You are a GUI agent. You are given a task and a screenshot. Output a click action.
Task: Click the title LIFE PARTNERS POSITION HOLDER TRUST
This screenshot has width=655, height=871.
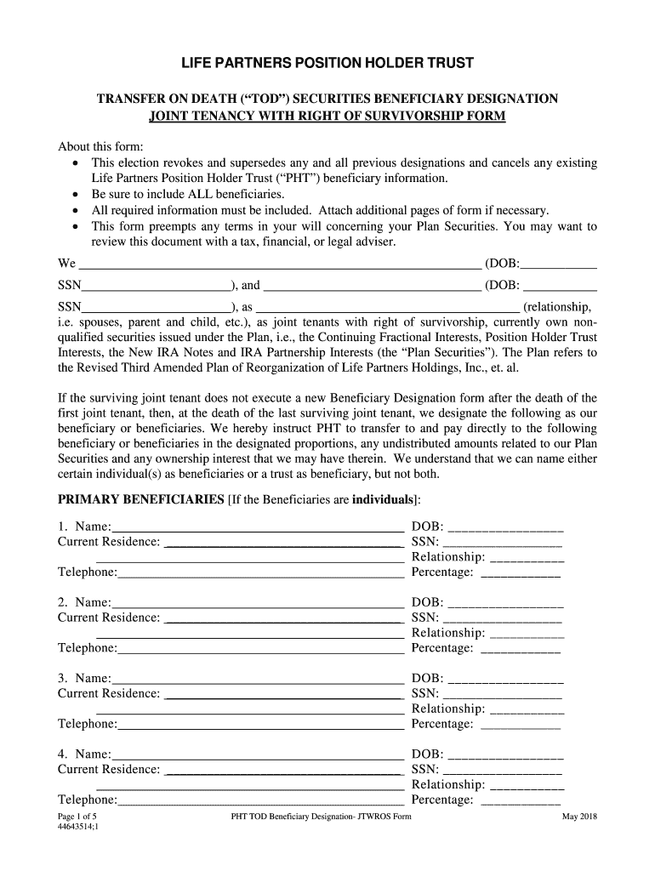click(327, 64)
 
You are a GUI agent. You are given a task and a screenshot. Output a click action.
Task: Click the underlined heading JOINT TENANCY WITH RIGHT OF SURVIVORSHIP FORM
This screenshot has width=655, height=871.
click(327, 116)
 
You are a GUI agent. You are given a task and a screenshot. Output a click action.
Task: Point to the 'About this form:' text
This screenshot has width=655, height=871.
click(100, 145)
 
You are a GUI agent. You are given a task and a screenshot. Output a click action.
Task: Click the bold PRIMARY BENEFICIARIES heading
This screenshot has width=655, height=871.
click(140, 498)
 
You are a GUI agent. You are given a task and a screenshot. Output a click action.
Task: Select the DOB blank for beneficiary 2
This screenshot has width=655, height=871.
click(505, 604)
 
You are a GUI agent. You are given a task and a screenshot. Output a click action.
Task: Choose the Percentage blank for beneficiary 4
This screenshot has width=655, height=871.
click(521, 800)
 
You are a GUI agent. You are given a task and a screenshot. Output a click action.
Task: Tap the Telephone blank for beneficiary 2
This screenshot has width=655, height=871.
click(261, 650)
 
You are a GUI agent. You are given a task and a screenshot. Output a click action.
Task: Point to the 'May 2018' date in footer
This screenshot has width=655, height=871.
click(579, 817)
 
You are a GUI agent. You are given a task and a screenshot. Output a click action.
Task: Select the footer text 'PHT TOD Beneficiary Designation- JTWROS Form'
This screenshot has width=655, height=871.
click(321, 817)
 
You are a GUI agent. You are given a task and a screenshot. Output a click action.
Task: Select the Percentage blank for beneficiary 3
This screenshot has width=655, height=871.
click(521, 726)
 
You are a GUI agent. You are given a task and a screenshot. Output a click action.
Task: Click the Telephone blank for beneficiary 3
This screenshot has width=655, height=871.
click(261, 726)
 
